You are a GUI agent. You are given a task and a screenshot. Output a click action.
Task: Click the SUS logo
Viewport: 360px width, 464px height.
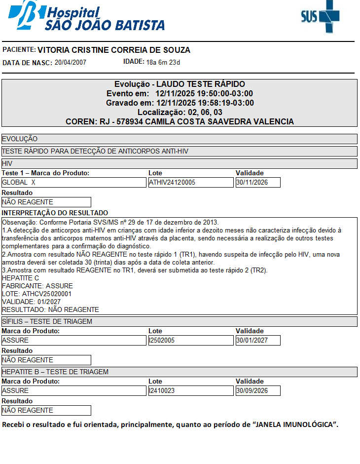click(x=321, y=17)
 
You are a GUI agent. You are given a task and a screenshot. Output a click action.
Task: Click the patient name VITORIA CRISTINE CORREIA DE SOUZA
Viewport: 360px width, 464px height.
click(x=114, y=50)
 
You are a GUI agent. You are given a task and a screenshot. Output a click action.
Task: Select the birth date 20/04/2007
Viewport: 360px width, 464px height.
click(x=71, y=62)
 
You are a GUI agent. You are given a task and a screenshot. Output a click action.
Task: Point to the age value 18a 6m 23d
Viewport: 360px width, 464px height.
click(x=163, y=62)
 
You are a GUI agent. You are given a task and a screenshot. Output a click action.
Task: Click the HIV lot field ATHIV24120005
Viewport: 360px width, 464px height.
click(x=190, y=182)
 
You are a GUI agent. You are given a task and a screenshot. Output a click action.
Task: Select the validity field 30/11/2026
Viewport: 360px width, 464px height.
click(x=258, y=182)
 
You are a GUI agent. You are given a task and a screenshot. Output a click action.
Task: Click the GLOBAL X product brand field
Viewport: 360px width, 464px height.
click(x=74, y=182)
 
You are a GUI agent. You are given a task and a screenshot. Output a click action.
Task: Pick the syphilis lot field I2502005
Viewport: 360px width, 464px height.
click(x=190, y=340)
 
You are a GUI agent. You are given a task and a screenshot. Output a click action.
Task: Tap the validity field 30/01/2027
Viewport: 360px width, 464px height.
click(x=258, y=340)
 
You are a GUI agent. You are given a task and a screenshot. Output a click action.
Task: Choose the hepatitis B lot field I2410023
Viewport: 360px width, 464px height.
click(x=190, y=390)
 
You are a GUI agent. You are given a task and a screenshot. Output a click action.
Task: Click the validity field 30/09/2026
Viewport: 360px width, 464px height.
click(x=258, y=390)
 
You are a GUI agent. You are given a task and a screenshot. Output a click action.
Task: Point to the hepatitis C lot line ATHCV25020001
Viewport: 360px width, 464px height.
click(x=37, y=294)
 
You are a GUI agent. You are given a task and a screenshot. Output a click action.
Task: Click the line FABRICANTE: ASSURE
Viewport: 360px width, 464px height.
click(x=37, y=286)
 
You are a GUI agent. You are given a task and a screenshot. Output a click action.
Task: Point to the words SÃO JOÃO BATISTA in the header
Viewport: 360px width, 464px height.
click(x=105, y=25)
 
